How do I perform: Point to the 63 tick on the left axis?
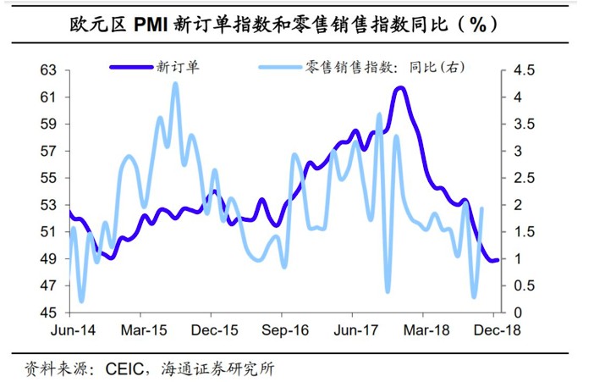point(49,70)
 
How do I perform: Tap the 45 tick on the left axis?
point(49,313)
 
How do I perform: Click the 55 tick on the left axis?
point(49,178)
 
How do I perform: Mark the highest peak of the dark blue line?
point(399,88)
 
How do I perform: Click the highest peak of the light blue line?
point(175,83)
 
